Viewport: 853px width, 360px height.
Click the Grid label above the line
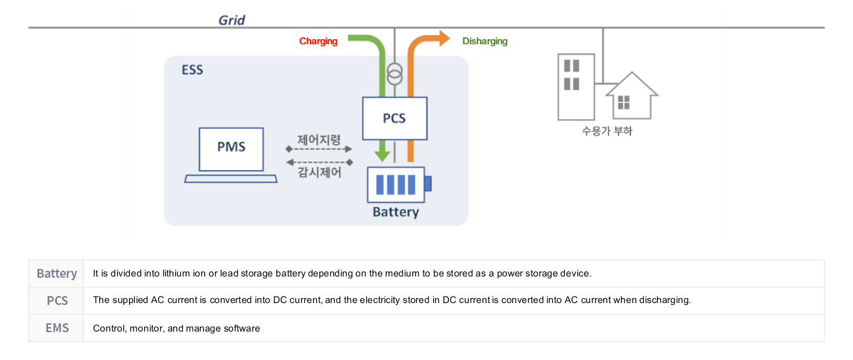[x=231, y=20]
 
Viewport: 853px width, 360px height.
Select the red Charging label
[x=318, y=41]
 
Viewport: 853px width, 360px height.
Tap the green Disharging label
[x=484, y=41]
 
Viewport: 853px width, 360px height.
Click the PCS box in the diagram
[x=395, y=118]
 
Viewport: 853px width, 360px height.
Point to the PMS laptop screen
[x=231, y=148]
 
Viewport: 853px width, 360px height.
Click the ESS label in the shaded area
[x=192, y=70]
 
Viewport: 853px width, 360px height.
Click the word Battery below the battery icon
[x=396, y=212]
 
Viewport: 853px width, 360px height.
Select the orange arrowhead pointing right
[x=443, y=39]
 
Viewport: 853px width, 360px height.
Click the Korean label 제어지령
[x=319, y=140]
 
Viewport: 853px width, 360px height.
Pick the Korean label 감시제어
[x=319, y=172]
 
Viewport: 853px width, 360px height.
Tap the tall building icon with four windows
[x=575, y=87]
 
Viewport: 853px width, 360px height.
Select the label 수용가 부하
[x=607, y=132]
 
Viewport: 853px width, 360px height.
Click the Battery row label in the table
[x=56, y=273]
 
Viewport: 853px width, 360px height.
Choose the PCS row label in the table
[x=57, y=301]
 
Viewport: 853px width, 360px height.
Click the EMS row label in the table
[x=57, y=328]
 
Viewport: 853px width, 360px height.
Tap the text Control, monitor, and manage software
[x=176, y=328]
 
